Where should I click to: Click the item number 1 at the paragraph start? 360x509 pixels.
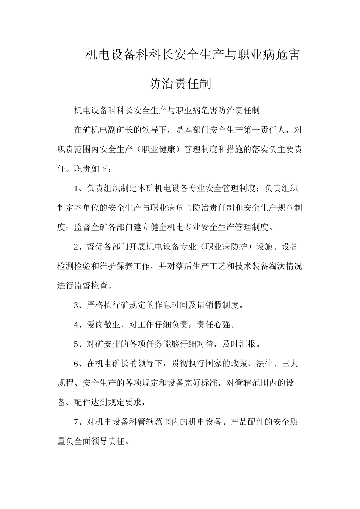pos(76,189)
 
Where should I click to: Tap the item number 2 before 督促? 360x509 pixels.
pos(76,247)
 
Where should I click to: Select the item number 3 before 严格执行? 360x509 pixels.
pos(76,305)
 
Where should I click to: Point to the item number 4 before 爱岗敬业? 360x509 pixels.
pos(76,325)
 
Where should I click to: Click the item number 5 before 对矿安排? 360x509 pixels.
pos(76,344)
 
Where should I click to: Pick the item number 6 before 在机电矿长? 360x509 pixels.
pos(76,364)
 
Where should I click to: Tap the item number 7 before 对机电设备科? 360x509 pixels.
pos(76,422)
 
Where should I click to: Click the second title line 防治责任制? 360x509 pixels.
pos(180,84)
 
